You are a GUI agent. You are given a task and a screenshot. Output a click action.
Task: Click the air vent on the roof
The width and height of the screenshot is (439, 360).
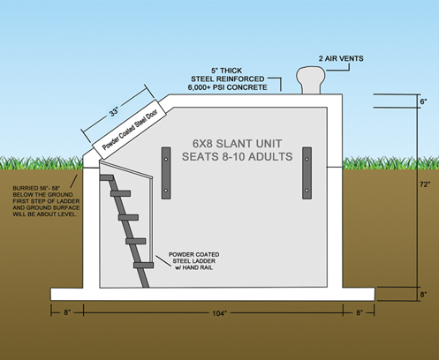[x=311, y=79]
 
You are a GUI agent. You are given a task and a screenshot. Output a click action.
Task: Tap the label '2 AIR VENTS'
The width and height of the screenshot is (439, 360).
[x=341, y=58]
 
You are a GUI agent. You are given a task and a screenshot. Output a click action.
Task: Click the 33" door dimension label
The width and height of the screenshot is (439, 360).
[x=114, y=112]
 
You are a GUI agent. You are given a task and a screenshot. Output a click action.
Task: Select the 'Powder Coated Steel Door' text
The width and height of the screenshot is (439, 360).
[x=130, y=129]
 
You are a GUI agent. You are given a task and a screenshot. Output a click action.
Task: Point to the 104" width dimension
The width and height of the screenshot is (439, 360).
[x=220, y=313]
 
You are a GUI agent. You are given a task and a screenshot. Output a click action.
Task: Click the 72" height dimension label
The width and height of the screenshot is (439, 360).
[x=425, y=184]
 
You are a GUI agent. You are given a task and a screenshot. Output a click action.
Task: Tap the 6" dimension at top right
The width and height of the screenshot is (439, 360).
[x=423, y=101]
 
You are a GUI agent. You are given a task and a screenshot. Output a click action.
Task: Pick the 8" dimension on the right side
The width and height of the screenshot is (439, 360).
[x=423, y=295]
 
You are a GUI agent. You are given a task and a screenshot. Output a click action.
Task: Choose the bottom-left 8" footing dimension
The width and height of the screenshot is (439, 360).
[x=67, y=312]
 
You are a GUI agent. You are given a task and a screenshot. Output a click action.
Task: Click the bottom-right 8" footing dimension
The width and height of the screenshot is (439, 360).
[x=360, y=312]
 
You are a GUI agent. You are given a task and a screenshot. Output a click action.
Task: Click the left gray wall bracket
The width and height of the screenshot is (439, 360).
[x=166, y=173]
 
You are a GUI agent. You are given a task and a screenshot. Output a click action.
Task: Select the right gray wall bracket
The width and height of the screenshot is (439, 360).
[x=307, y=173]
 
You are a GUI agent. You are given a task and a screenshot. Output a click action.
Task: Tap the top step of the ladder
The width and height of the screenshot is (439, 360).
[x=107, y=177]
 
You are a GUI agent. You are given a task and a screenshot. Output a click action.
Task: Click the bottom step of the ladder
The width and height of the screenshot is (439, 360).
[x=143, y=265]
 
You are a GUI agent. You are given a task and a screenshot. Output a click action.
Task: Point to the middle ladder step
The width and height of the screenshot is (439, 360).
[x=128, y=217]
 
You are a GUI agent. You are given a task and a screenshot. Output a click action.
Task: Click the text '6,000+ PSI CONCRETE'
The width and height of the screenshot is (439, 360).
[x=228, y=87]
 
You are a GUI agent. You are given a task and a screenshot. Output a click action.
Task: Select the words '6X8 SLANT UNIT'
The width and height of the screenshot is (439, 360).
[x=238, y=144]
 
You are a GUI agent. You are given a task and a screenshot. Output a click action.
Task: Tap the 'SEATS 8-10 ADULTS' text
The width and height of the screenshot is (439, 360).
[x=238, y=156]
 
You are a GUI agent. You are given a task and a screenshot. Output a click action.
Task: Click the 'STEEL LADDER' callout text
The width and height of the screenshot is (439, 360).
[x=194, y=261]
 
